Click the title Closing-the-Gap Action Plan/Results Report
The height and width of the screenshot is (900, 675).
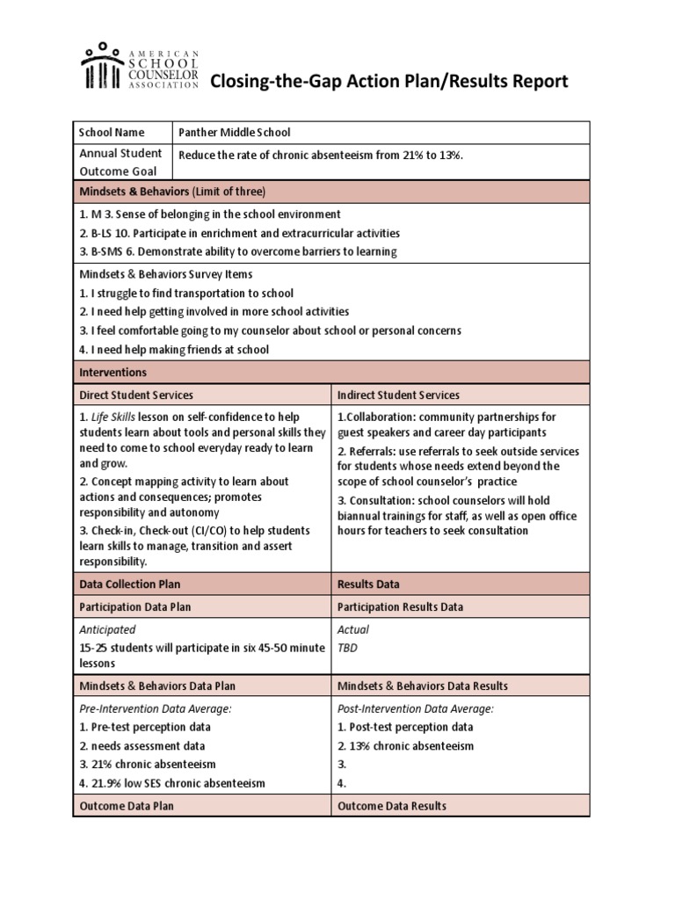click(388, 83)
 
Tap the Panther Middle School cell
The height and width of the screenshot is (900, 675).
click(234, 133)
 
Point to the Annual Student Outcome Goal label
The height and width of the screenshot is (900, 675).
click(120, 163)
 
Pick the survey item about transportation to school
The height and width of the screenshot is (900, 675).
click(186, 294)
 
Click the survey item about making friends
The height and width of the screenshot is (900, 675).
click(174, 349)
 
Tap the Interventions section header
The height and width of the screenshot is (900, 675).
click(112, 373)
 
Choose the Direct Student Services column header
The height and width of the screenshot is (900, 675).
click(136, 396)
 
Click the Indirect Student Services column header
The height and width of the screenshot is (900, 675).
click(398, 396)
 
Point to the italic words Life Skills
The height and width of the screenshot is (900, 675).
click(111, 417)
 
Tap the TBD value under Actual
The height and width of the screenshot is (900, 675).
click(348, 648)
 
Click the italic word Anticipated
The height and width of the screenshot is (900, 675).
click(107, 629)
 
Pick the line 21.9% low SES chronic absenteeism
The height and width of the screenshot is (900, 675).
click(172, 783)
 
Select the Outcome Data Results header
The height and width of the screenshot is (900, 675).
click(392, 806)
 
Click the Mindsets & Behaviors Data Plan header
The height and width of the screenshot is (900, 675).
click(157, 686)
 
